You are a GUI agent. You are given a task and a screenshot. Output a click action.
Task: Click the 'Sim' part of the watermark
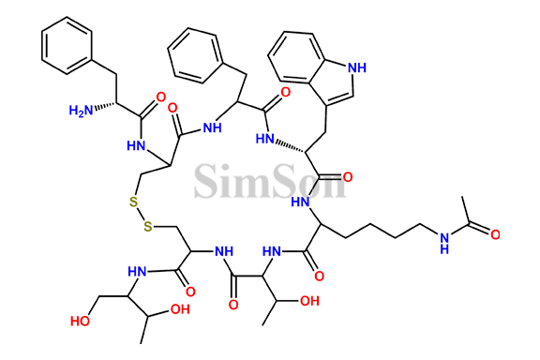[231, 178]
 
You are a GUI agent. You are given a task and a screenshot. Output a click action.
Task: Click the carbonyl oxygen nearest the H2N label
[162, 97]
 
